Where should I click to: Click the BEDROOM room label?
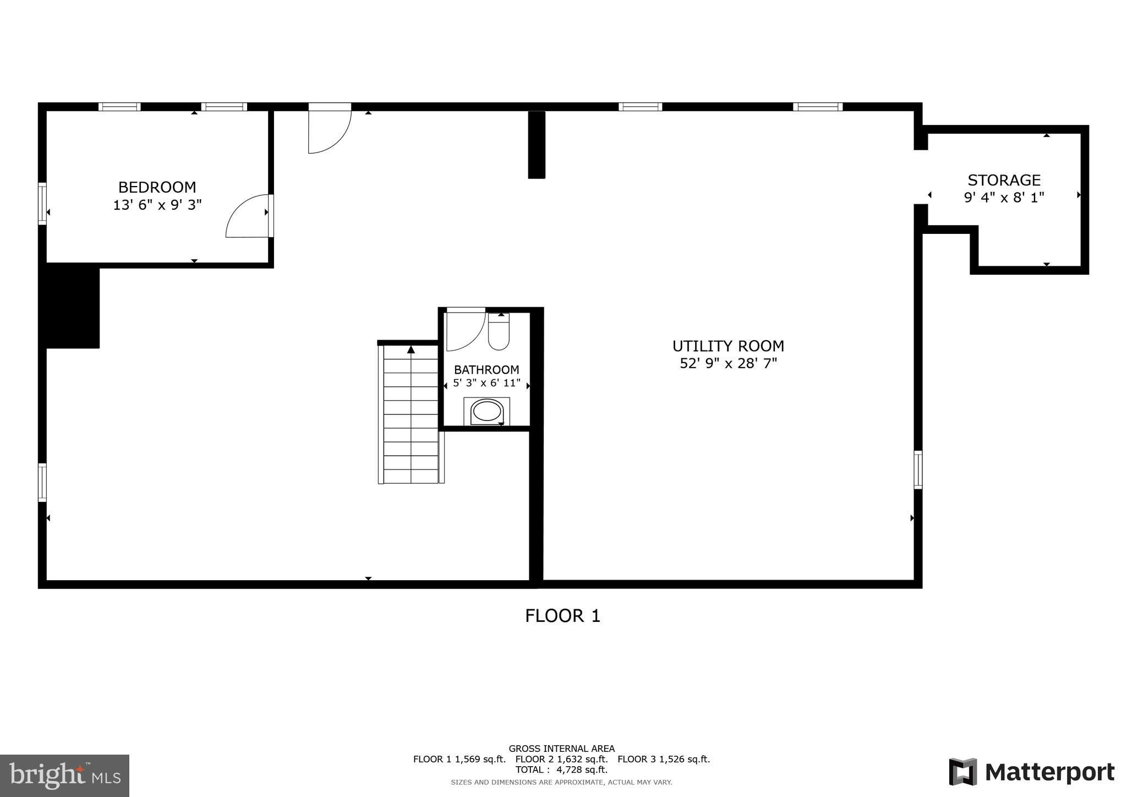coord(157,187)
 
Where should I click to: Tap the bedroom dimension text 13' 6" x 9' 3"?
coord(157,205)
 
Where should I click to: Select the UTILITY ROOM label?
coord(728,346)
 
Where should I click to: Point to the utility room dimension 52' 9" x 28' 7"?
coord(728,363)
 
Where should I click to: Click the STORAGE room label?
coord(1004,180)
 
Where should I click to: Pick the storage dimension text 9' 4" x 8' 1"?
coord(1004,197)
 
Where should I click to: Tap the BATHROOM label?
coord(486,369)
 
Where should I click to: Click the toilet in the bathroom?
coord(499,331)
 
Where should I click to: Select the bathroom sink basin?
coord(487,412)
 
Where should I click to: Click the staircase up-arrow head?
coord(411,349)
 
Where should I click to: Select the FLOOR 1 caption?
coord(562,615)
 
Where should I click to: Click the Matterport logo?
coord(1032,772)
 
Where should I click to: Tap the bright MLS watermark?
coord(65,776)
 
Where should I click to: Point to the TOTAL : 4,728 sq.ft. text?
coord(561,770)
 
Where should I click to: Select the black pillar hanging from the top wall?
coord(537,145)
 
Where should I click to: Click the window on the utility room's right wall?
coord(918,470)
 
